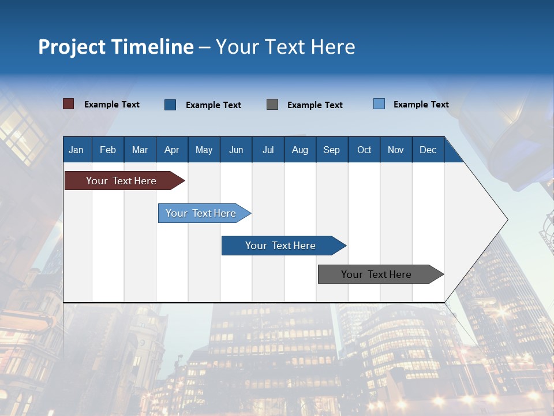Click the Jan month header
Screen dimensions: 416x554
tap(76, 150)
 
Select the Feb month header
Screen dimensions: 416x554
tap(108, 150)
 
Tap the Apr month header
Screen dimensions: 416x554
tap(171, 150)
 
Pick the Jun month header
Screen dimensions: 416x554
tap(236, 150)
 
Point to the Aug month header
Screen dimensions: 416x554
tap(300, 150)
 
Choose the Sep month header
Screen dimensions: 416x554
tap(331, 150)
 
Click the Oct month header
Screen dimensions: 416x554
tap(364, 150)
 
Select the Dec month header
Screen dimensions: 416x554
tap(428, 150)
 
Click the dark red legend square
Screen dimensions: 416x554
tap(69, 104)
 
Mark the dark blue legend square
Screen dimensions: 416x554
tap(170, 105)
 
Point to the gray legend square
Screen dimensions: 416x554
tap(272, 105)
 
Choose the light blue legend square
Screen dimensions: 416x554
tap(379, 104)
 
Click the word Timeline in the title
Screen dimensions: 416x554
tap(152, 47)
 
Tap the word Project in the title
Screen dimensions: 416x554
tap(72, 47)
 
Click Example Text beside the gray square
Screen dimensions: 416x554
tap(315, 105)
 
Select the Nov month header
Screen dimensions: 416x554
tap(396, 150)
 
